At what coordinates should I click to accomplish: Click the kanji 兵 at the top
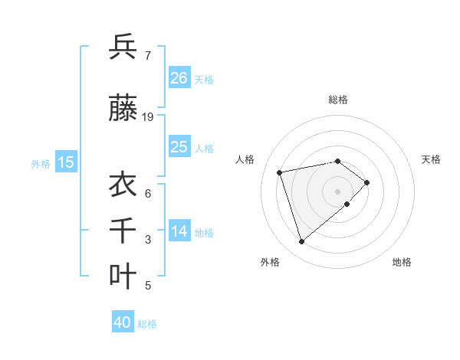click(123, 47)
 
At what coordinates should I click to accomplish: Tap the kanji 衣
click(123, 185)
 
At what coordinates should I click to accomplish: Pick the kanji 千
click(123, 230)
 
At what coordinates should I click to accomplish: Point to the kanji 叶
click(123, 277)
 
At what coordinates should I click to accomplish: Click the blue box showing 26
click(179, 77)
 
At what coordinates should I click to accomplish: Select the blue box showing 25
click(179, 146)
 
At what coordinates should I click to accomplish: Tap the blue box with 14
click(179, 231)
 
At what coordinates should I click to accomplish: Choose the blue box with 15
click(66, 162)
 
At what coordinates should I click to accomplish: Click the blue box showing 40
click(123, 322)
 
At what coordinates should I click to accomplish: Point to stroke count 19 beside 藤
click(148, 117)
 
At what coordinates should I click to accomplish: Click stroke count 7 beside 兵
click(147, 55)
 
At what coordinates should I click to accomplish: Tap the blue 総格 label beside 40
click(147, 324)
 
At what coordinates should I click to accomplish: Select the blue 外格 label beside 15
click(41, 163)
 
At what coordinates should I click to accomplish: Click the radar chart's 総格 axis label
click(337, 100)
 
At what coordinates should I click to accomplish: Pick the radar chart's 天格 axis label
click(431, 159)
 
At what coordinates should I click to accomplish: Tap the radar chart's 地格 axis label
click(402, 262)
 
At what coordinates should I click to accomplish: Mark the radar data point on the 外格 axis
click(302, 242)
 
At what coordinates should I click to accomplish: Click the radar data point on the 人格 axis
click(280, 172)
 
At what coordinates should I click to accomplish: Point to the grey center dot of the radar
click(337, 191)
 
